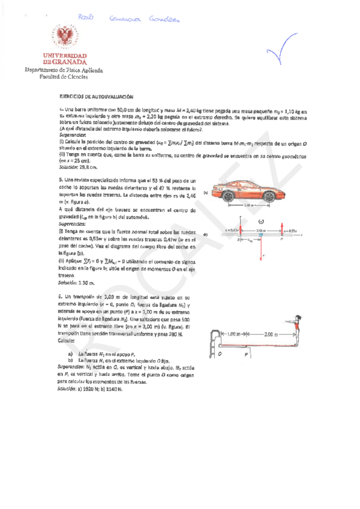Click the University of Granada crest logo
(65, 38)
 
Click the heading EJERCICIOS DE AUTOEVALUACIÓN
(95, 96)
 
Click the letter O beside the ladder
(220, 354)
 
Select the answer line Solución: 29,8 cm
(77, 167)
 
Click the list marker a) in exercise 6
(71, 355)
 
